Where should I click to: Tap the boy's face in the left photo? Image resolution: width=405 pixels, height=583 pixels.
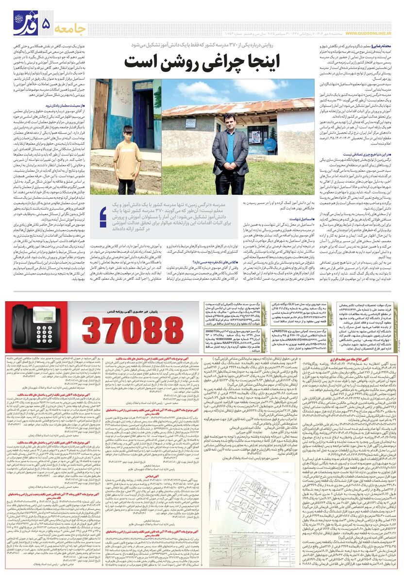[x=127, y=133]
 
